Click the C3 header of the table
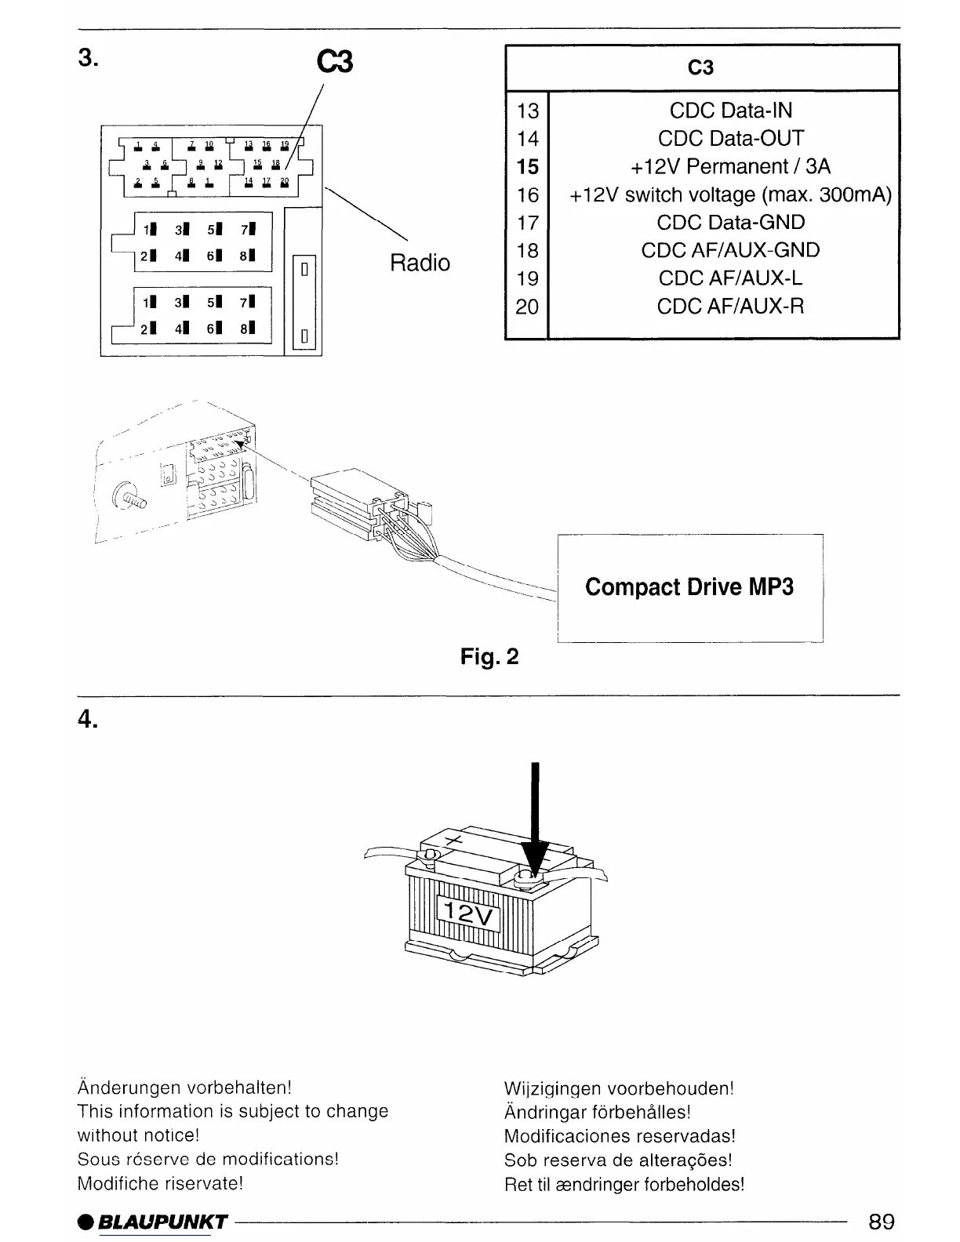(x=700, y=68)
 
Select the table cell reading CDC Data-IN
(x=731, y=111)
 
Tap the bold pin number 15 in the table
(x=528, y=167)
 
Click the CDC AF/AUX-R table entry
(x=731, y=306)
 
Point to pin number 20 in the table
(x=527, y=307)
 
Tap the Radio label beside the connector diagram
(x=420, y=263)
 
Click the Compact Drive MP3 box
(x=689, y=588)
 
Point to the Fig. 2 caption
(x=489, y=656)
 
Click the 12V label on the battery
(x=468, y=912)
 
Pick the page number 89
(x=881, y=1222)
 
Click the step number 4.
(x=87, y=720)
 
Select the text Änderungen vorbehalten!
(x=184, y=1088)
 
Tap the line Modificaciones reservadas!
(x=620, y=1136)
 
